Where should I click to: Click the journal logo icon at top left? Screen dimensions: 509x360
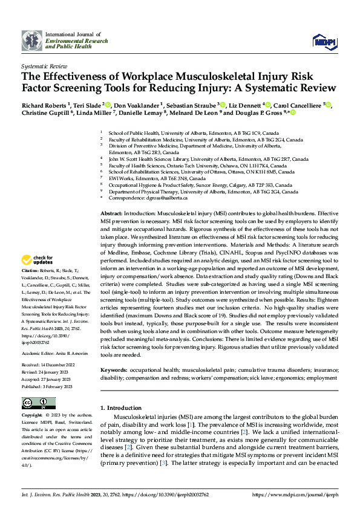[32, 40]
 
